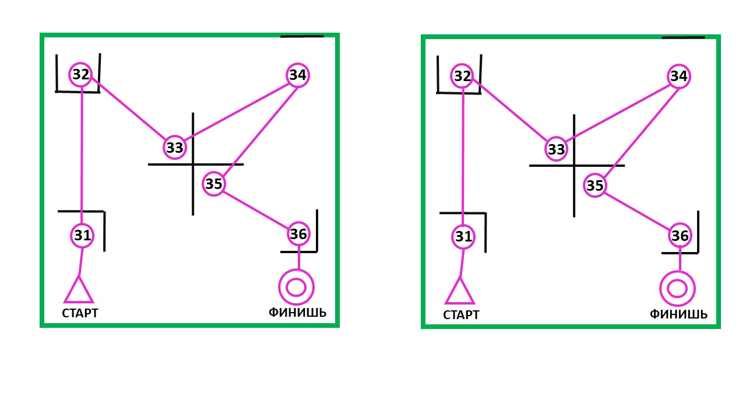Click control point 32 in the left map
pyautogui.click(x=81, y=74)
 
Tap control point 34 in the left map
pyautogui.click(x=297, y=75)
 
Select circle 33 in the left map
pyautogui.click(x=175, y=148)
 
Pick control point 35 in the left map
pyautogui.click(x=214, y=184)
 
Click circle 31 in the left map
pyautogui.click(x=82, y=236)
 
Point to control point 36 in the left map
pyautogui.click(x=298, y=234)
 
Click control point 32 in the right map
pyautogui.click(x=462, y=76)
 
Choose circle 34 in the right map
pyautogui.click(x=678, y=76)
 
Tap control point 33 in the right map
pyautogui.click(x=557, y=149)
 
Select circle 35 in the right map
pyautogui.click(x=595, y=185)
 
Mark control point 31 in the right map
pyautogui.click(x=463, y=237)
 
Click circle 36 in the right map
pyautogui.click(x=680, y=236)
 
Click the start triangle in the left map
pyautogui.click(x=79, y=291)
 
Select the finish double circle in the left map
pyautogui.click(x=297, y=286)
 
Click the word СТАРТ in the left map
pyautogui.click(x=80, y=313)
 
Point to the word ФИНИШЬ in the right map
pyautogui.click(x=678, y=314)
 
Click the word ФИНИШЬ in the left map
pyautogui.click(x=297, y=313)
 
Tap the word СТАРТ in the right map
pyautogui.click(x=461, y=315)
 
